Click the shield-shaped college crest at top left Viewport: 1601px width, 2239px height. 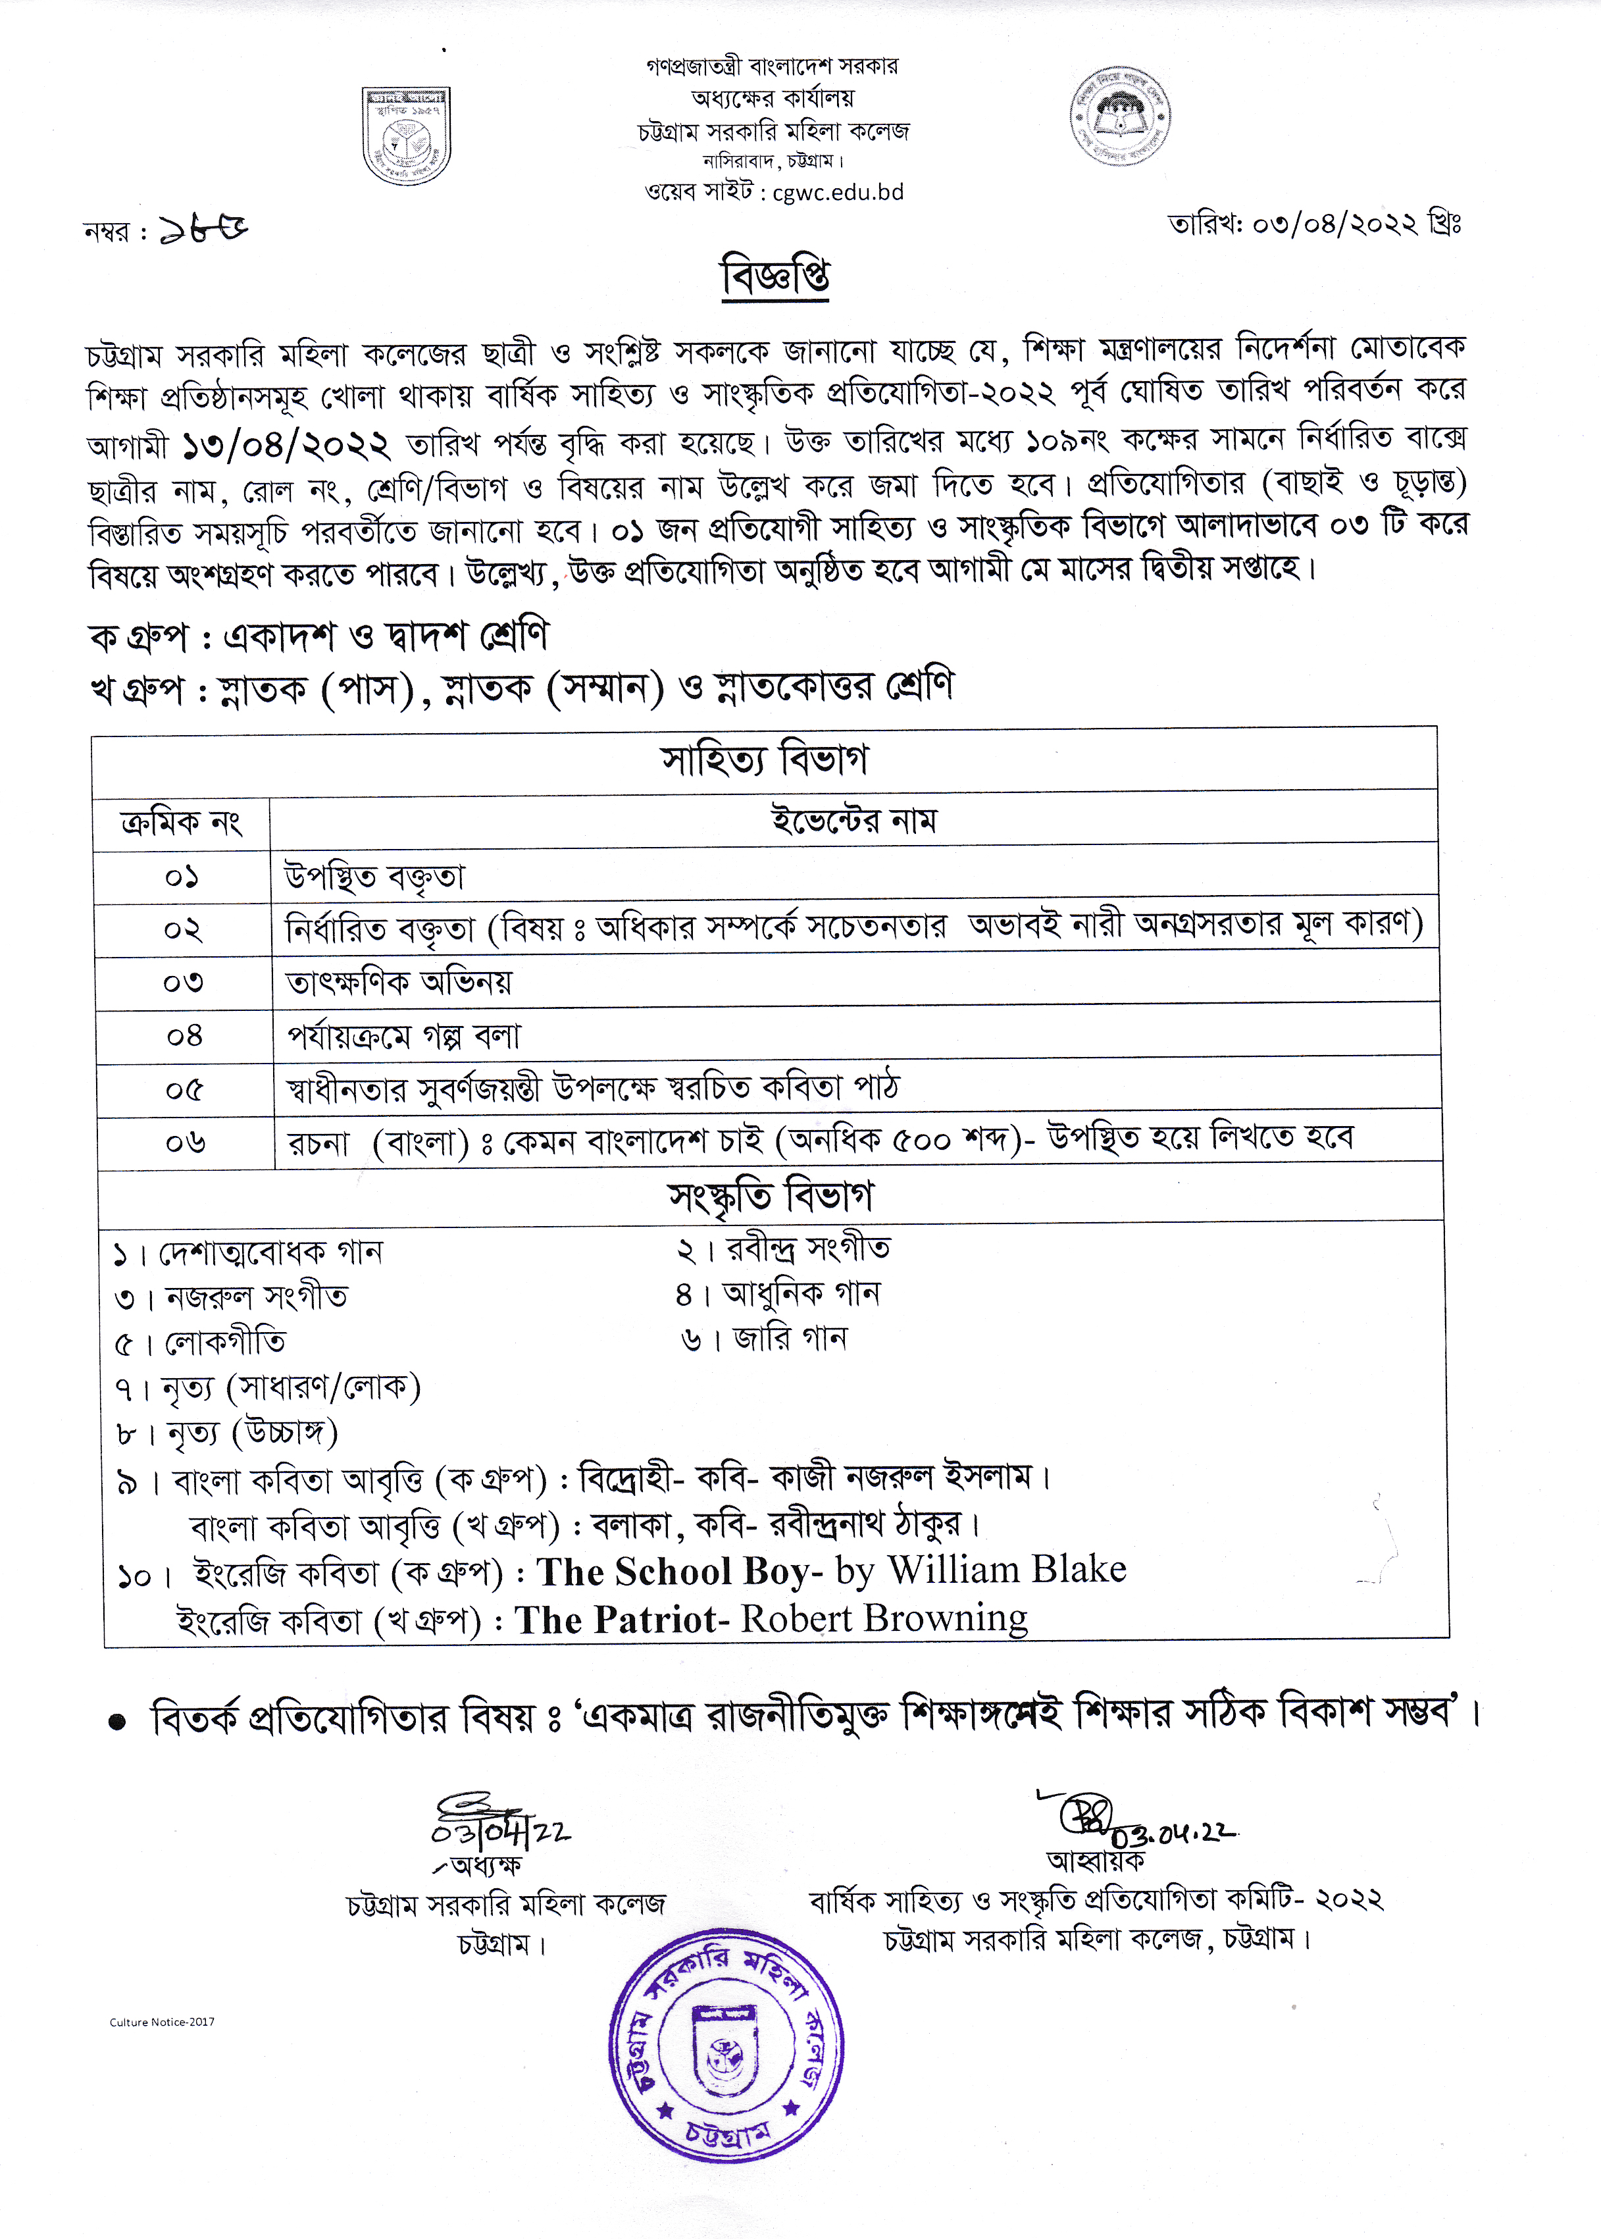(406, 135)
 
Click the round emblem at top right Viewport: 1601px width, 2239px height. (1120, 116)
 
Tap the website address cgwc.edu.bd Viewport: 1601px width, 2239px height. (838, 192)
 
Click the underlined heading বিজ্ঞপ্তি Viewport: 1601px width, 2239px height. (775, 275)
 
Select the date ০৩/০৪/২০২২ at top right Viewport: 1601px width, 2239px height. (1336, 225)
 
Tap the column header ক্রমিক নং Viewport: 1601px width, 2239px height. (182, 821)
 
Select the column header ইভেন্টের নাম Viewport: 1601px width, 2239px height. (853, 820)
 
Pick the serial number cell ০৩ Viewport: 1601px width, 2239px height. (184, 982)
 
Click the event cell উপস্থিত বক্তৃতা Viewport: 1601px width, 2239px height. (374, 875)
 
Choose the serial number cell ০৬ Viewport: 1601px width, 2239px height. (186, 1143)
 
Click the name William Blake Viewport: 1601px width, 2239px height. (1007, 1570)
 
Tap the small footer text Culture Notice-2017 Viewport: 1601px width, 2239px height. (162, 2022)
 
